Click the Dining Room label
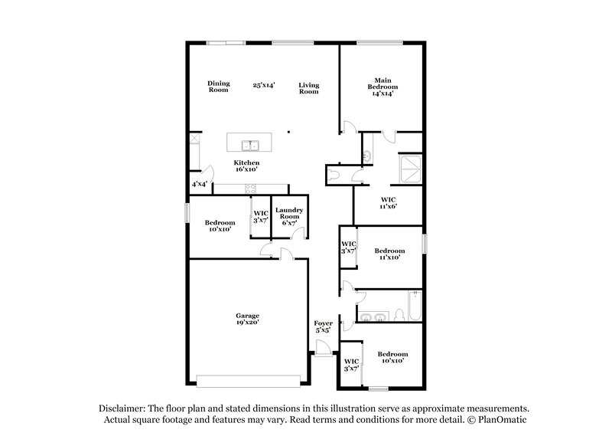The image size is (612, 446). [219, 87]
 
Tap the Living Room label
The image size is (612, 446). [308, 88]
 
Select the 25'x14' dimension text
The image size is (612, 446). [264, 85]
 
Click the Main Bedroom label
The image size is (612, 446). [382, 87]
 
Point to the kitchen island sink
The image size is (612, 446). [250, 145]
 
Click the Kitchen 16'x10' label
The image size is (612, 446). [246, 167]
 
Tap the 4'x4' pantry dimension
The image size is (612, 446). [199, 184]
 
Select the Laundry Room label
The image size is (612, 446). [290, 216]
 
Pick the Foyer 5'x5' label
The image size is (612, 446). [323, 327]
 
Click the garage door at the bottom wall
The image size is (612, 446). [249, 381]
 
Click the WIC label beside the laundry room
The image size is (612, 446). [260, 216]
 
